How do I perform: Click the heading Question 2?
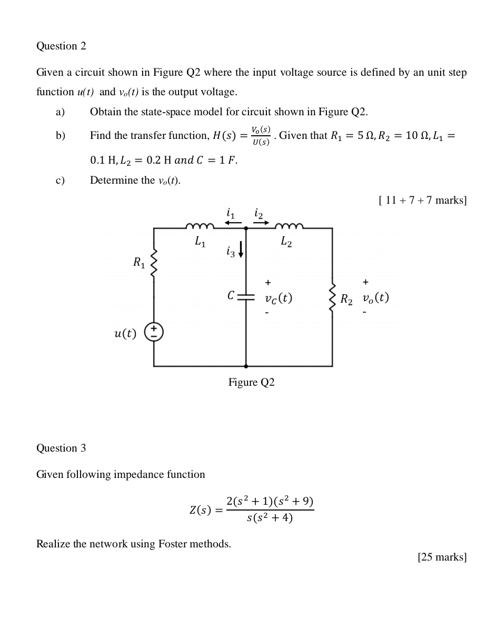click(x=61, y=46)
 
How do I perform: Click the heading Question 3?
click(x=61, y=448)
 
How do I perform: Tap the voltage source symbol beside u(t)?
click(x=154, y=332)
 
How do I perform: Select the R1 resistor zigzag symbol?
click(x=154, y=263)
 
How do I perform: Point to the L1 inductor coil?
click(x=200, y=227)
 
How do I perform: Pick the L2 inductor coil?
click(x=289, y=227)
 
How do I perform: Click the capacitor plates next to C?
click(x=246, y=296)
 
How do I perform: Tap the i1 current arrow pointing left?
click(x=233, y=223)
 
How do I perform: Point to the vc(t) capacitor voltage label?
click(x=279, y=298)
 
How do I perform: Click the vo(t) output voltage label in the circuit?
click(x=375, y=298)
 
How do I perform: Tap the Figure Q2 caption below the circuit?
click(x=251, y=383)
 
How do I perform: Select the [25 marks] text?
click(x=442, y=557)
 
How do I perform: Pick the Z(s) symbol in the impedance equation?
click(x=200, y=510)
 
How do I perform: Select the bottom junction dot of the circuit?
click(x=246, y=366)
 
